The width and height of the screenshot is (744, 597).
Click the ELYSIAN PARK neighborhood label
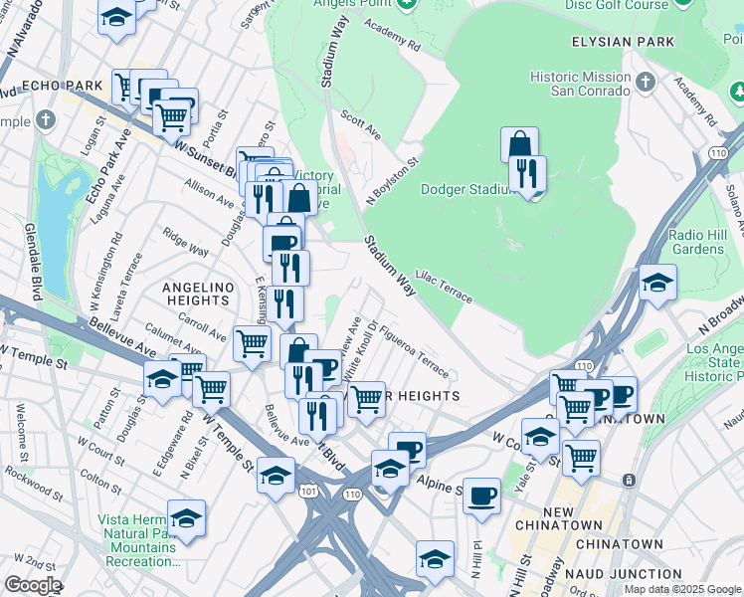(x=623, y=42)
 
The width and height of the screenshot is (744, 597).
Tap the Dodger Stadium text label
(x=471, y=189)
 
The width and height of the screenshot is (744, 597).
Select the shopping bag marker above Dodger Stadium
(x=519, y=145)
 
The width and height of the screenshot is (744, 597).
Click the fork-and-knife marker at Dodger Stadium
(x=527, y=173)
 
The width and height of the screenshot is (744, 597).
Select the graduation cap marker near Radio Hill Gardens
(x=657, y=283)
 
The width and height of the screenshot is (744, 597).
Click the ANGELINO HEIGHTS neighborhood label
(x=197, y=294)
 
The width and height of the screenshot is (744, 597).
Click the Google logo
(x=32, y=585)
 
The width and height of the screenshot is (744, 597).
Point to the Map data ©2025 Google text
(x=683, y=589)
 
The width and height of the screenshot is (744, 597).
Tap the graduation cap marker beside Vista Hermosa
(x=186, y=518)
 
